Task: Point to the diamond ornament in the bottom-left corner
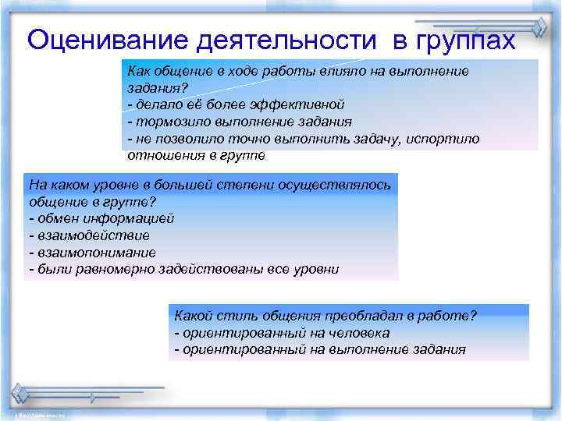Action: pos(20,392)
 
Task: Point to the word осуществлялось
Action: pos(343,186)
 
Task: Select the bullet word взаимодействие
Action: pos(92,235)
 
